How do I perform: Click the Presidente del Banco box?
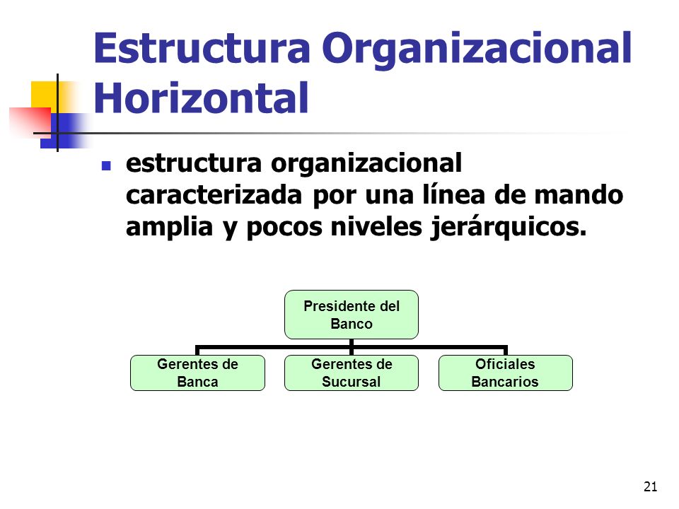point(352,315)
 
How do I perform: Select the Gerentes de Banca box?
point(197,373)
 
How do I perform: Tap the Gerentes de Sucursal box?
point(352,373)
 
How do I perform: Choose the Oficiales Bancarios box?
point(506,373)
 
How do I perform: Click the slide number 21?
point(651,486)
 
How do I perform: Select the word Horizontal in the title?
point(202,98)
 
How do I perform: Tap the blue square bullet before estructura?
point(107,167)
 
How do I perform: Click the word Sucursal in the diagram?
point(352,382)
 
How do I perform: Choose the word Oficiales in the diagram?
point(506,364)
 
